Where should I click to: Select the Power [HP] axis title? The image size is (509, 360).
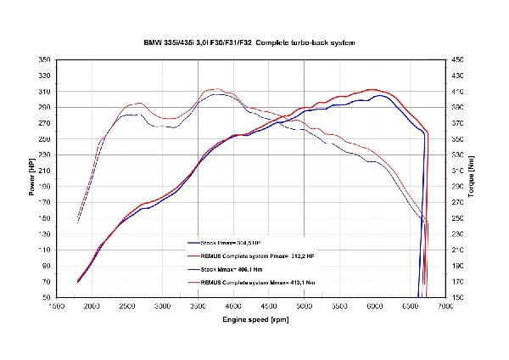(31, 179)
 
